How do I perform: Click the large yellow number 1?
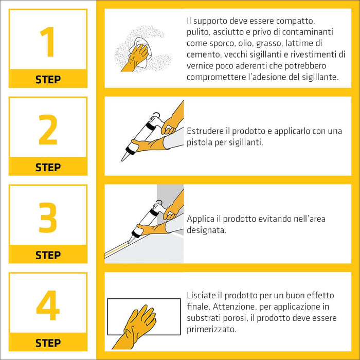48,42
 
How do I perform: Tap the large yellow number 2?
48,130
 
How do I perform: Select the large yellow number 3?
48,218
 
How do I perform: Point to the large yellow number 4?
48,305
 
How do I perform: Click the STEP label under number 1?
48,80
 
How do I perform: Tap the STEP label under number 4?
48,343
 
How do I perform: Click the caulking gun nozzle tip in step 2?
122,160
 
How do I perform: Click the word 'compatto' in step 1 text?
295,21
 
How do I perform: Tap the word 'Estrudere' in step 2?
205,131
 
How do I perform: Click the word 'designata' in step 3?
206,230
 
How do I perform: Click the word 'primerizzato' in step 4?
211,330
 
